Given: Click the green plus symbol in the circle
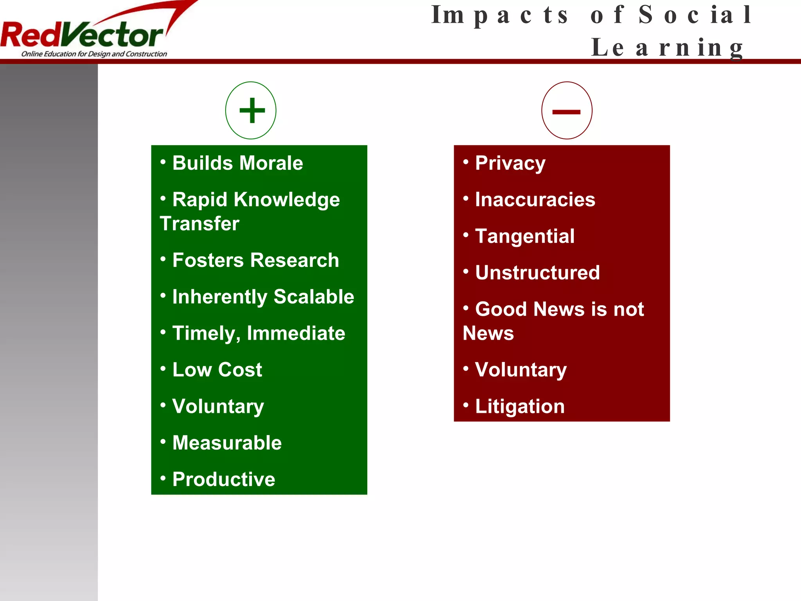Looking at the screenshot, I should [x=252, y=110].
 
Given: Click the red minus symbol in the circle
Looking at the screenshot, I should [x=566, y=112].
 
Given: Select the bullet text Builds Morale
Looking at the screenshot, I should [x=237, y=163].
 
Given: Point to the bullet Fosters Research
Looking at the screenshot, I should [x=255, y=260].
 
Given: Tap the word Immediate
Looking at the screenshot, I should [x=296, y=333].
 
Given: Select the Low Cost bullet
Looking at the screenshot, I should [x=217, y=370].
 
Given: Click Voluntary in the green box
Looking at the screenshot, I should [x=218, y=407].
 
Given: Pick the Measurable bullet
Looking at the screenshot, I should [x=227, y=443].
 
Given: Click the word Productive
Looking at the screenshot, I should [x=224, y=479].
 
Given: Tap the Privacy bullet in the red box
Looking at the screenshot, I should [x=510, y=163].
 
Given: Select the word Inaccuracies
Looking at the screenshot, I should [x=535, y=200].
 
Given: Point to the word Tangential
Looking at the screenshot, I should [x=524, y=236].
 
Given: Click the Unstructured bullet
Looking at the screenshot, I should [x=537, y=273].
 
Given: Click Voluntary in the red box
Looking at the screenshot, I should [x=521, y=370].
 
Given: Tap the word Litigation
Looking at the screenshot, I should [x=520, y=407].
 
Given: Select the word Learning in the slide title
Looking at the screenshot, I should [x=667, y=48].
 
